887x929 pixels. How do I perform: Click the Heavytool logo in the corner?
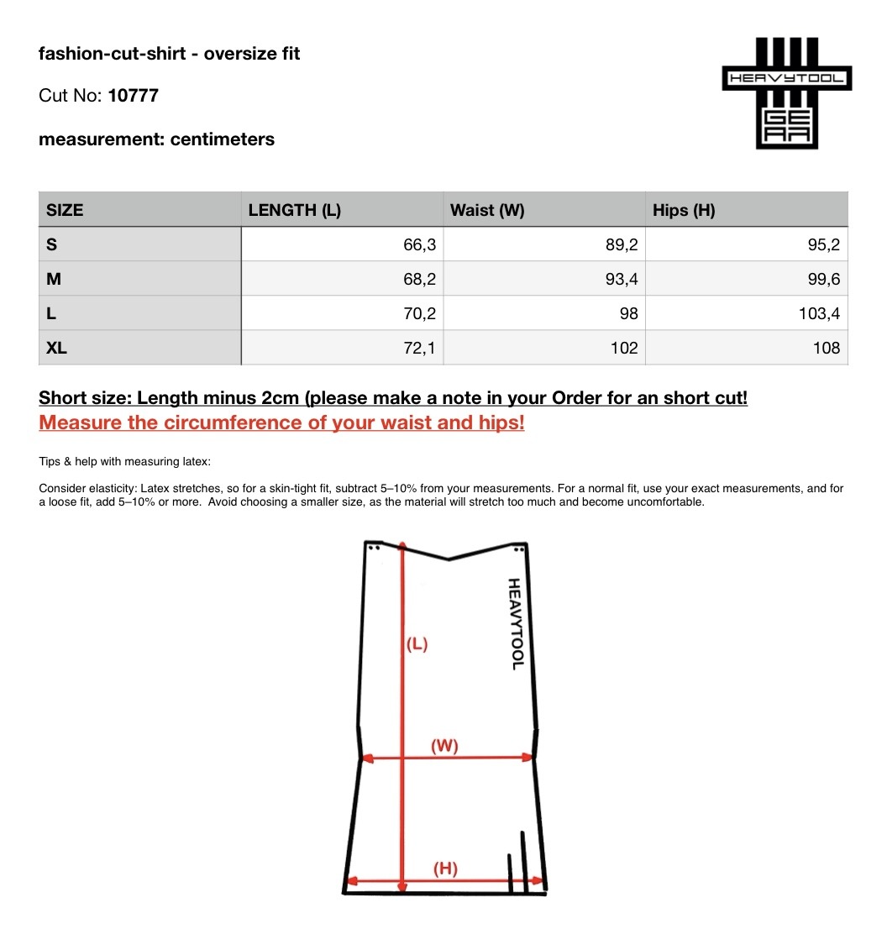(x=787, y=92)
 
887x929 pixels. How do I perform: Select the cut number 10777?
(x=134, y=96)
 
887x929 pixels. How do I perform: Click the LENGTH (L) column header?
(x=295, y=210)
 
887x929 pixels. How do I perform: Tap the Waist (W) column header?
(x=487, y=210)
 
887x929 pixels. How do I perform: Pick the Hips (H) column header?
(x=684, y=210)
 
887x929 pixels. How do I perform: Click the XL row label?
(x=57, y=348)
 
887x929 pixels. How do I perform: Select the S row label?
(x=52, y=245)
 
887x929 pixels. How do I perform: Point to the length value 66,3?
(x=419, y=245)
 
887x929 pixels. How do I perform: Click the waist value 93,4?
(x=622, y=280)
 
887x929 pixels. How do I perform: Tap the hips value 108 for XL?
(x=827, y=348)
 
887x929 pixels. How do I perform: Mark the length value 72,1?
(x=419, y=348)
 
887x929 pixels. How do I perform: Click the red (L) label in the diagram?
(x=417, y=645)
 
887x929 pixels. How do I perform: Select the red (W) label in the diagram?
(x=444, y=745)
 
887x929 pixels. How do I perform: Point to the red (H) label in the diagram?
(x=445, y=869)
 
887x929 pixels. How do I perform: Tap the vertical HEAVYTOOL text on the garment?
(x=517, y=623)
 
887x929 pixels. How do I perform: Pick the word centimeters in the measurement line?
(x=223, y=139)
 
